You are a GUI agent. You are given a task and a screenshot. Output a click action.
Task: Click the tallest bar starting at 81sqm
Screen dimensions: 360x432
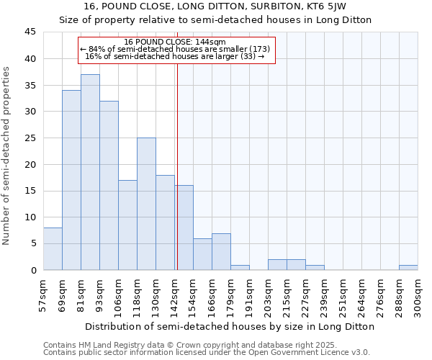(90, 173)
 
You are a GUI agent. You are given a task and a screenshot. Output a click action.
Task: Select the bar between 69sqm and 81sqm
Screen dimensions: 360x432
(71, 180)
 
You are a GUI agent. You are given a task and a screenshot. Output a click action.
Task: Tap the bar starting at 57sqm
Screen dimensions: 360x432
(53, 249)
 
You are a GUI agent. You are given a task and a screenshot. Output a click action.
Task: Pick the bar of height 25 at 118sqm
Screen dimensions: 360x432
(146, 204)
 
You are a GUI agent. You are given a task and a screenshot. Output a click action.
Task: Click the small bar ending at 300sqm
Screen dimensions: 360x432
(408, 268)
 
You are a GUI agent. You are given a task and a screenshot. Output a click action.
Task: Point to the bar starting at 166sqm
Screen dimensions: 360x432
(221, 252)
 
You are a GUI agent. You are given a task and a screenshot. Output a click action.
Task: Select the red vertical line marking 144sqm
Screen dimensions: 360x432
(176, 166)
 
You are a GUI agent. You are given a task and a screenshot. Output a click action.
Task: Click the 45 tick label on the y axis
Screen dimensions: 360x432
(30, 32)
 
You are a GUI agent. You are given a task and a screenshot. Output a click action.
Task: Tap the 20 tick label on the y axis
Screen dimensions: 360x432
(30, 164)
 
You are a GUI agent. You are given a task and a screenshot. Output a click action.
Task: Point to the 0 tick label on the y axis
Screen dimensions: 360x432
(33, 270)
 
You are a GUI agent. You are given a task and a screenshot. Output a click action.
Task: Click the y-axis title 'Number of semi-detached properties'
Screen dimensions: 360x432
(7, 156)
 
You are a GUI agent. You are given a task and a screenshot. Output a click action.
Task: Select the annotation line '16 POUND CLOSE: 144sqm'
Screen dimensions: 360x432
(175, 42)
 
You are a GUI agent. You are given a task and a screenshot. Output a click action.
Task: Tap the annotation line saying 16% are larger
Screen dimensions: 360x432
(175, 56)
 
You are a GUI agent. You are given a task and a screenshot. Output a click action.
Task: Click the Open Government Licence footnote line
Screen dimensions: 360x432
(207, 353)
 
